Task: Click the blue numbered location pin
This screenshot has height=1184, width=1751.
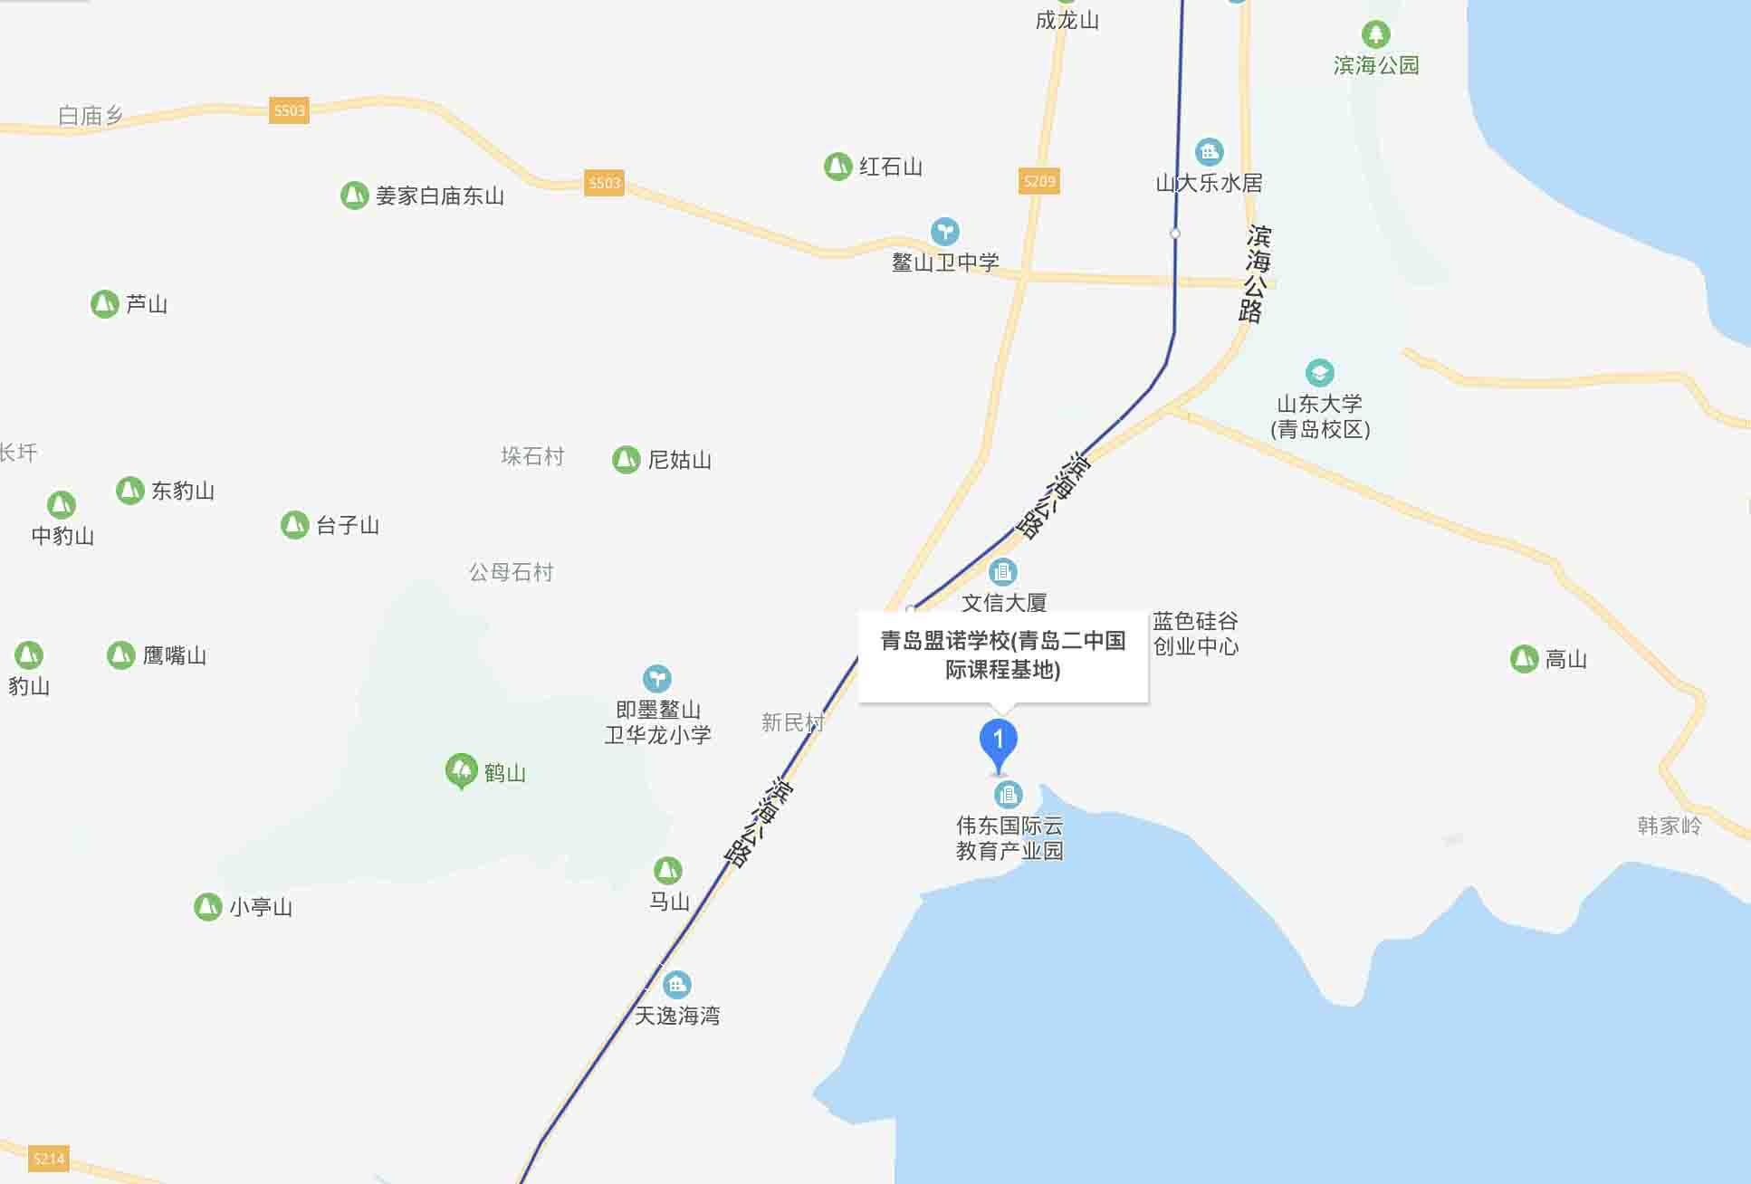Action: (x=999, y=741)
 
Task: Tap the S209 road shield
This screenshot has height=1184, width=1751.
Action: (x=1038, y=181)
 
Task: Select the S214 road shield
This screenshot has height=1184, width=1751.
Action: (x=49, y=1159)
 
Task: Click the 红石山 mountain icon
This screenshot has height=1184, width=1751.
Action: (x=837, y=167)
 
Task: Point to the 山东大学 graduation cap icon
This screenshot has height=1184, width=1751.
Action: (x=1319, y=373)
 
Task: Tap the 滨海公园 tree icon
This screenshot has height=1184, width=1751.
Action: (x=1375, y=34)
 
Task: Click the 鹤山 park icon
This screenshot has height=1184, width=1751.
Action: (x=462, y=770)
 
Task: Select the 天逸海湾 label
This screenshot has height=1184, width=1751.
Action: (x=676, y=1016)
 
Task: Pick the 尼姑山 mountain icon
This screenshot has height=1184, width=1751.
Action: (x=626, y=460)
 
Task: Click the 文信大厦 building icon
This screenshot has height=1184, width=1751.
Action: (x=1002, y=571)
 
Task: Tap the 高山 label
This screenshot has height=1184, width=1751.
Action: (x=1565, y=659)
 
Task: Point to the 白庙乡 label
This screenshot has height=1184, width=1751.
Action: (x=90, y=116)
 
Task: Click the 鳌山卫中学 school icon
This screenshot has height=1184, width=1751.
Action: (x=944, y=231)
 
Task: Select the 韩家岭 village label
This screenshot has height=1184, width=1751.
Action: (x=1669, y=826)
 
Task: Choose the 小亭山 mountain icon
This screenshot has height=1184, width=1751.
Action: (x=208, y=906)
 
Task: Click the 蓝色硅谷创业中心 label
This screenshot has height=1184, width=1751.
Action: (x=1195, y=634)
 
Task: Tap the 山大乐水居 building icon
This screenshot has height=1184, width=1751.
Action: (x=1209, y=152)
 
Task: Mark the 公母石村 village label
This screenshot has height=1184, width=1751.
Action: (x=511, y=572)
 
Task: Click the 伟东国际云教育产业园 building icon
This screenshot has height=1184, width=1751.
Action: (x=1008, y=795)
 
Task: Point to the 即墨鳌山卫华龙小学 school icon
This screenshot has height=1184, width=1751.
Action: (x=656, y=678)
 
